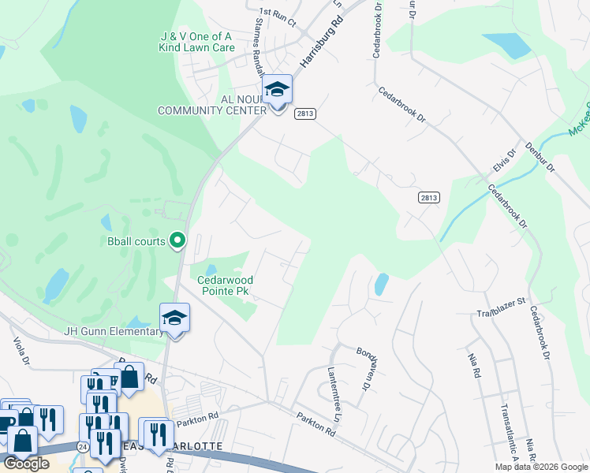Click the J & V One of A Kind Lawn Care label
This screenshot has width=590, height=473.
click(x=198, y=42)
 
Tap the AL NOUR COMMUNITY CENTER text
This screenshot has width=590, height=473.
click(x=211, y=105)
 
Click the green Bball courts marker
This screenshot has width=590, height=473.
click(x=178, y=240)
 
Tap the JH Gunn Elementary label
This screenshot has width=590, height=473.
click(x=114, y=331)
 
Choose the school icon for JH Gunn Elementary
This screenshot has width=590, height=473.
click(x=174, y=319)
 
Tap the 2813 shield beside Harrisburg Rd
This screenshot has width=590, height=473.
click(x=306, y=114)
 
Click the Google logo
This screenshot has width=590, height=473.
click(x=27, y=464)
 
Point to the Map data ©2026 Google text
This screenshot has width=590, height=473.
click(x=540, y=467)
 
